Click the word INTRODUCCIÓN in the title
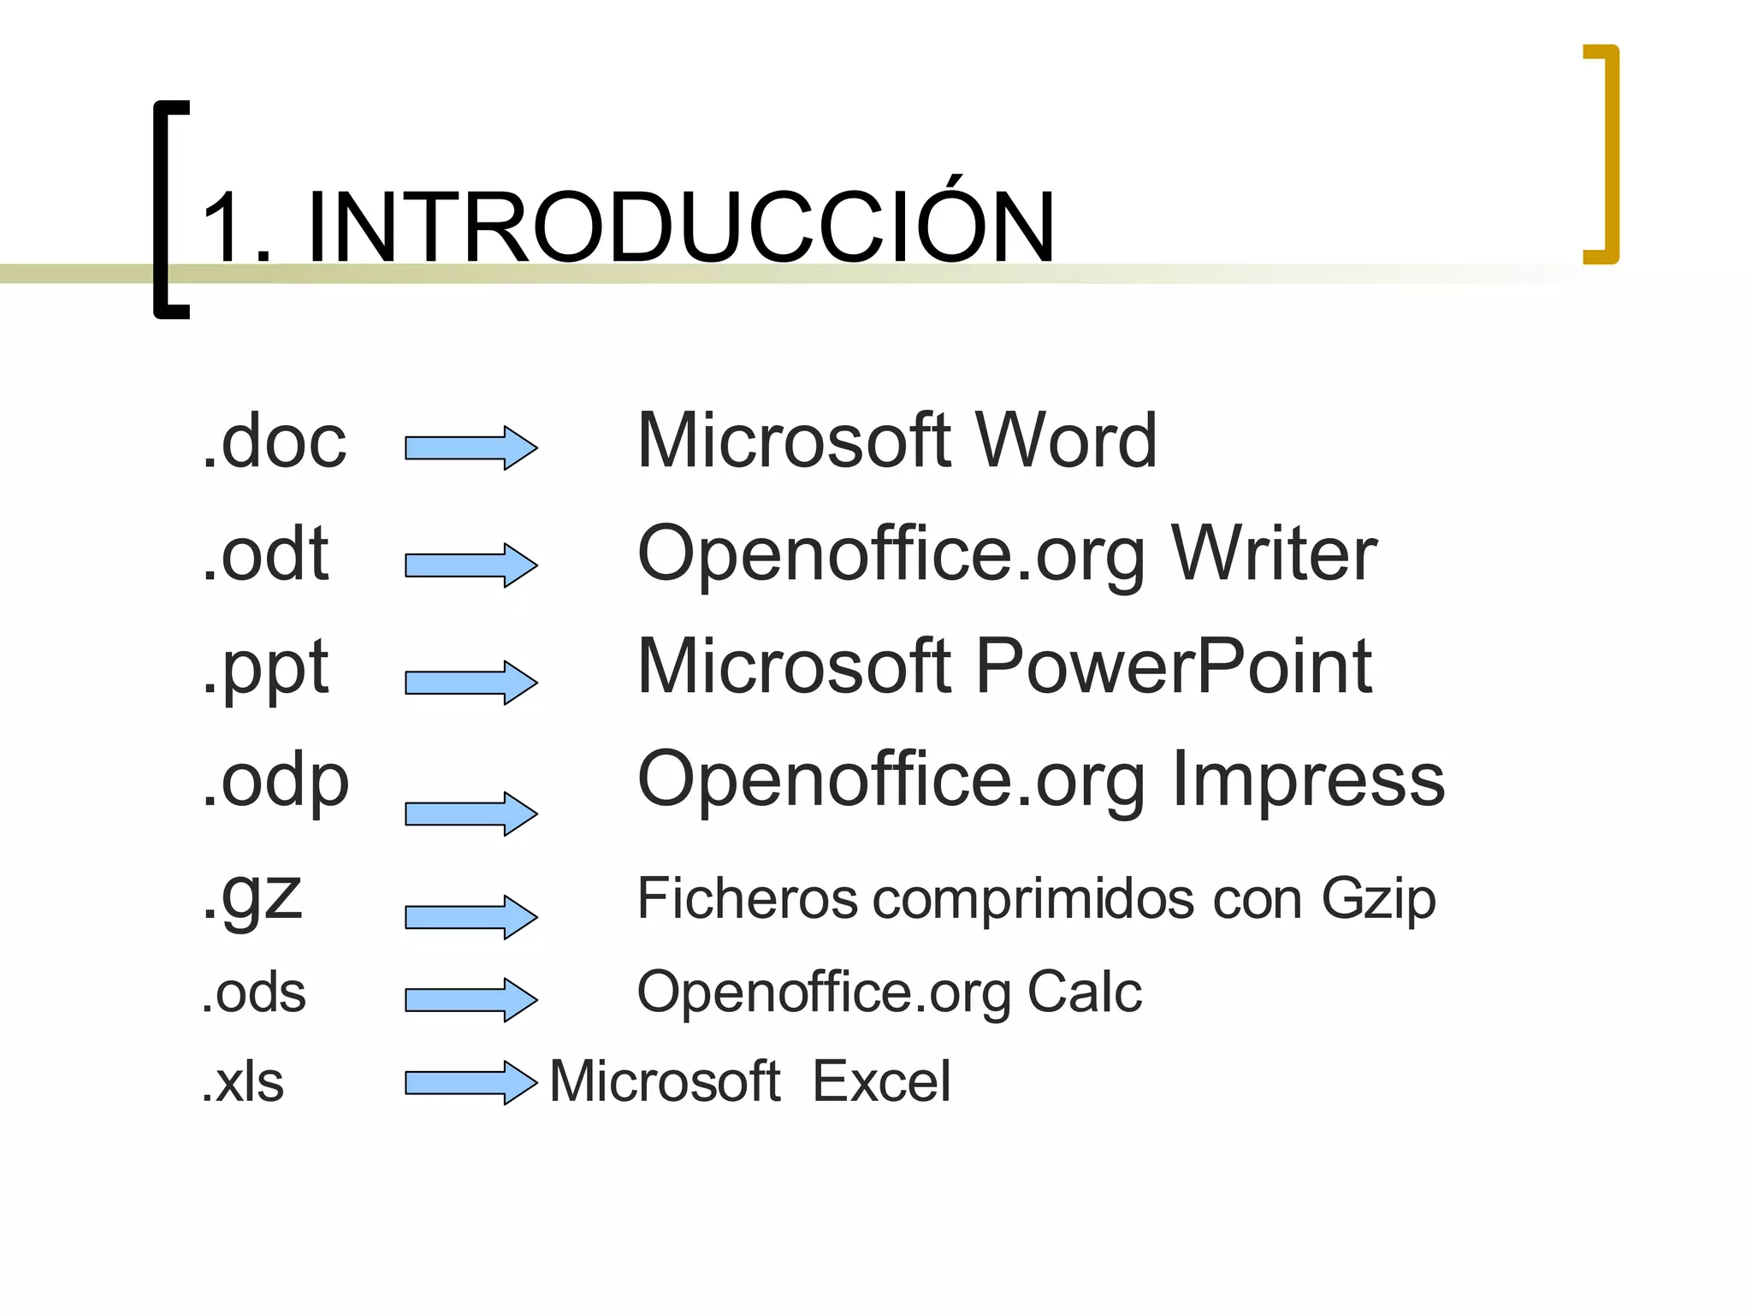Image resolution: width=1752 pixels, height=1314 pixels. tap(680, 227)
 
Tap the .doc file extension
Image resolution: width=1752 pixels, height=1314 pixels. tap(275, 441)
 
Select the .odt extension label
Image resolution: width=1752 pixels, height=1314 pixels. tap(265, 554)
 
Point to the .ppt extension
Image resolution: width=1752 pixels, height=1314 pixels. tap(265, 669)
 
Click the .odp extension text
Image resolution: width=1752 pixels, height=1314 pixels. tap(275, 780)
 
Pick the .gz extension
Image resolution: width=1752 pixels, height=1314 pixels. tap(252, 896)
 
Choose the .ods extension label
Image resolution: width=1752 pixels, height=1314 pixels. tap(253, 993)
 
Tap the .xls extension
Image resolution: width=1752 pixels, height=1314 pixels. tap(242, 1082)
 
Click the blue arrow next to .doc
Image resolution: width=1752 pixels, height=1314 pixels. tap(471, 447)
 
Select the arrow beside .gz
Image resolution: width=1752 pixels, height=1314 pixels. tap(471, 917)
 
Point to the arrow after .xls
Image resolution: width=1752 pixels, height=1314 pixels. tap(471, 1082)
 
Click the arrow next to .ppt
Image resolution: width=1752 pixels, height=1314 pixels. tap(471, 682)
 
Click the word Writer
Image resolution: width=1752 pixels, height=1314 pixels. tap(1274, 554)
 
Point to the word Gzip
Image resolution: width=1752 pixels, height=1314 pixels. tap(1378, 900)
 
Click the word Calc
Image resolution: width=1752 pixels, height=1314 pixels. tap(1084, 992)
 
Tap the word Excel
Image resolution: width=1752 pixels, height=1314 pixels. tap(881, 1081)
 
